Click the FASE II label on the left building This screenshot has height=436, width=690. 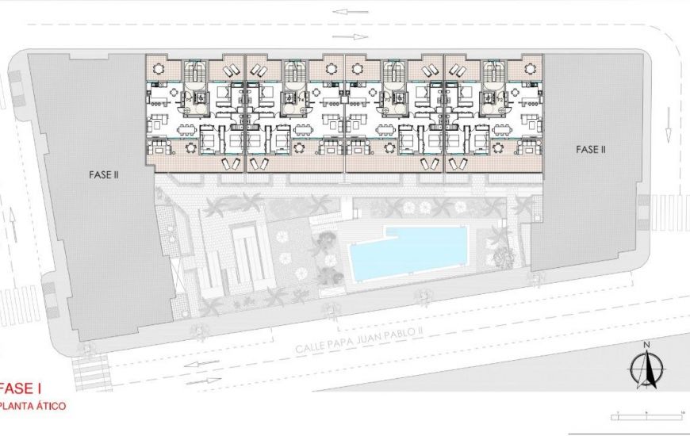point(104,174)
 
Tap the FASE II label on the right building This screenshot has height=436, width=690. point(591,148)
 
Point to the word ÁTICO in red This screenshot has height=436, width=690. point(48,406)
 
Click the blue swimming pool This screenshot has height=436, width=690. point(408,252)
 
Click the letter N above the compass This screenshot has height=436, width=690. point(647,344)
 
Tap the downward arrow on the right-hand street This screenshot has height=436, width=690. point(668,119)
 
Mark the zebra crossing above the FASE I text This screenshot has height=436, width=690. point(90,373)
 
